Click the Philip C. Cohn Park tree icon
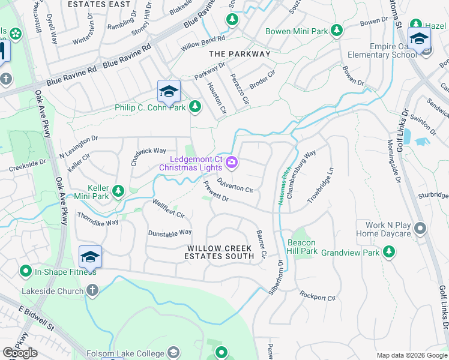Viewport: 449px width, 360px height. [x=194, y=107]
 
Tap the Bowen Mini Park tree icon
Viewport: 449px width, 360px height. [x=337, y=30]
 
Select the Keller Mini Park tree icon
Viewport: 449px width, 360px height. [x=118, y=191]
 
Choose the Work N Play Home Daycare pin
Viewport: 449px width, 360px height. [x=420, y=229]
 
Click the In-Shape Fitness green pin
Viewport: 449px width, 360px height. [x=25, y=271]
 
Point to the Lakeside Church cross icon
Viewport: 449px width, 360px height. [x=91, y=291]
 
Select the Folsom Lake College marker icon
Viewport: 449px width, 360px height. [x=173, y=352]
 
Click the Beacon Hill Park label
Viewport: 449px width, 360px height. [x=301, y=247]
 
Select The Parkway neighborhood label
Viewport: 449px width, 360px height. [x=240, y=53]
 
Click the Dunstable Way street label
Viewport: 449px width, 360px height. [x=169, y=232]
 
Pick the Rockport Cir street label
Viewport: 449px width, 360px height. [x=318, y=296]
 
